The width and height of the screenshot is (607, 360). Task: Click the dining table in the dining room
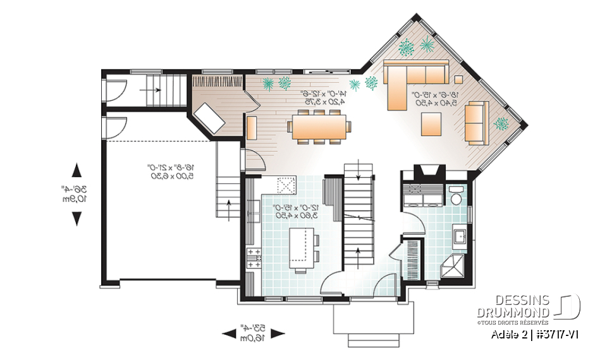(319, 127)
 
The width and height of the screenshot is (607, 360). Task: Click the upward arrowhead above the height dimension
(77, 170)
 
